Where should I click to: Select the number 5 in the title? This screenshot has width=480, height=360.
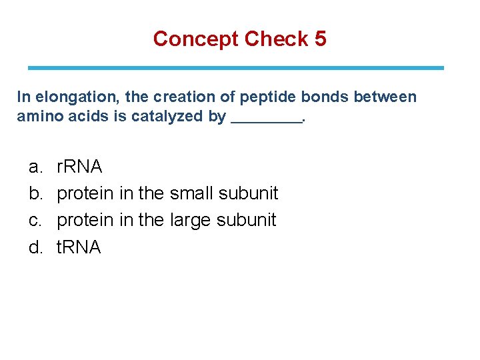pos(320,39)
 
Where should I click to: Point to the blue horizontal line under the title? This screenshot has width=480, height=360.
pos(235,68)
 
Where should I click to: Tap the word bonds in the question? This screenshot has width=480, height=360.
pos(325,97)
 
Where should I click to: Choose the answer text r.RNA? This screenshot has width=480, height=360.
pos(80,167)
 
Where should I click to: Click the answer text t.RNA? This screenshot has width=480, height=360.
pos(79,247)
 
